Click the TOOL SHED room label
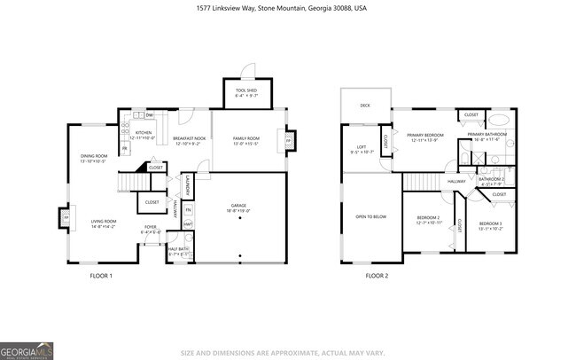246,93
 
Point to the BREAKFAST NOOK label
190,140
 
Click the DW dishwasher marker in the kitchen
150,115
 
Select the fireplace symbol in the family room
288,140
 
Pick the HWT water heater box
188,223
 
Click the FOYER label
152,230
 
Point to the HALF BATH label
179,251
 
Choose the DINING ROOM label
93,159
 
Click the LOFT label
362,149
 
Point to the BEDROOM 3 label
491,225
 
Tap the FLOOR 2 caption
377,276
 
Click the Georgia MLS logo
27,348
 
